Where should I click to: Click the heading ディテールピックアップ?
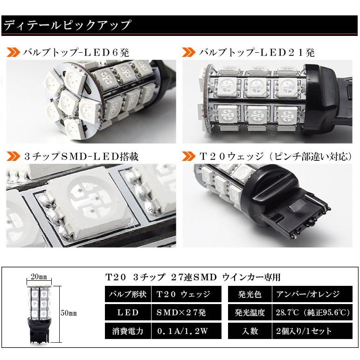point(68,25)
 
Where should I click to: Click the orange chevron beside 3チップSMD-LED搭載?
point(13,156)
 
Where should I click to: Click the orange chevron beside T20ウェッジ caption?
point(189,156)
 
